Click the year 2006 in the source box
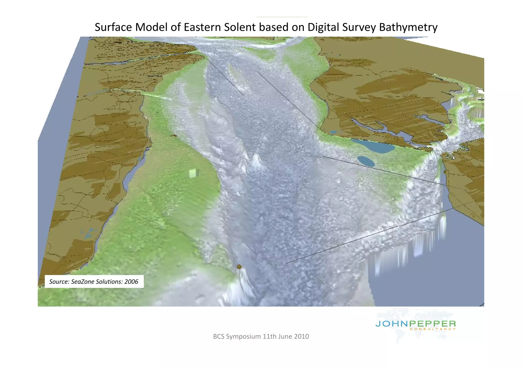tap(131, 282)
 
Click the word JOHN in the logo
tap(391, 324)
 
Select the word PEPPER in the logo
tap(433, 324)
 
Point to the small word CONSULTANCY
tap(433, 329)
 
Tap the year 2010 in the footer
tap(301, 336)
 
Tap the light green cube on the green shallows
tap(194, 173)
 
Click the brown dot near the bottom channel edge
tap(239, 267)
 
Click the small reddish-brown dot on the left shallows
tap(175, 136)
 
